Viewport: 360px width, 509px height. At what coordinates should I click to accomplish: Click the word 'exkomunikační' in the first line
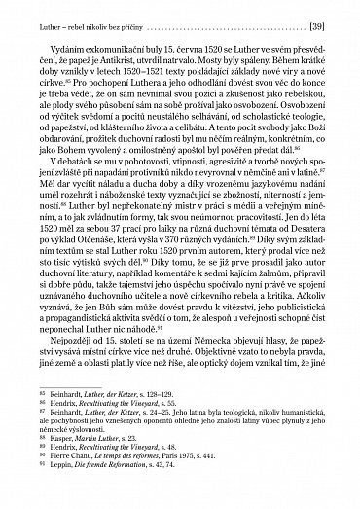(x=114, y=46)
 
